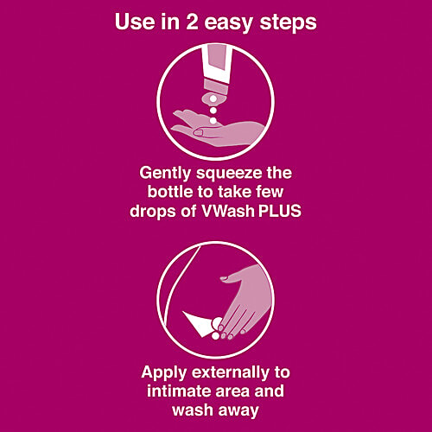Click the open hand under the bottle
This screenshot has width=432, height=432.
point(207,123)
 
